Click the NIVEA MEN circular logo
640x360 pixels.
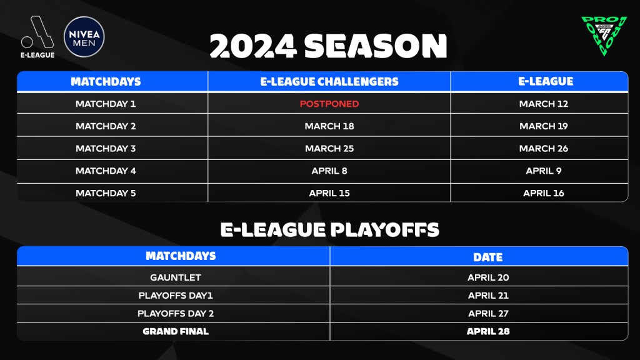click(84, 37)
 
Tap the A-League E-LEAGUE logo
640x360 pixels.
click(37, 37)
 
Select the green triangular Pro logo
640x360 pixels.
click(604, 36)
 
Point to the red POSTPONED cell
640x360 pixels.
click(329, 104)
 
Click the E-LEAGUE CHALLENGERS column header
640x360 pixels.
click(329, 82)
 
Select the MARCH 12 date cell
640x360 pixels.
click(544, 104)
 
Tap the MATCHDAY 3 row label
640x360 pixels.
click(106, 149)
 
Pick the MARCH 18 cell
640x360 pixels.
click(329, 126)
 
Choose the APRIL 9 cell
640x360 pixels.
click(544, 171)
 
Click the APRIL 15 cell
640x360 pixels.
click(329, 193)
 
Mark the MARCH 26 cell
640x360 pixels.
click(544, 149)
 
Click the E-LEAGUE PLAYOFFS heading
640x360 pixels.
click(330, 230)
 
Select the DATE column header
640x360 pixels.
click(488, 257)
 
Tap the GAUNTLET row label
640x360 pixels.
click(176, 277)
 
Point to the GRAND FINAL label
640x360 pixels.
click(176, 331)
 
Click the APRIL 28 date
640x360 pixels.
click(488, 331)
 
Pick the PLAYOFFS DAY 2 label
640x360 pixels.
click(176, 314)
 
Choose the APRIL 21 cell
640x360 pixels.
click(488, 296)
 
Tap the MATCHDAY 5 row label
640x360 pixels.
click(106, 193)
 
